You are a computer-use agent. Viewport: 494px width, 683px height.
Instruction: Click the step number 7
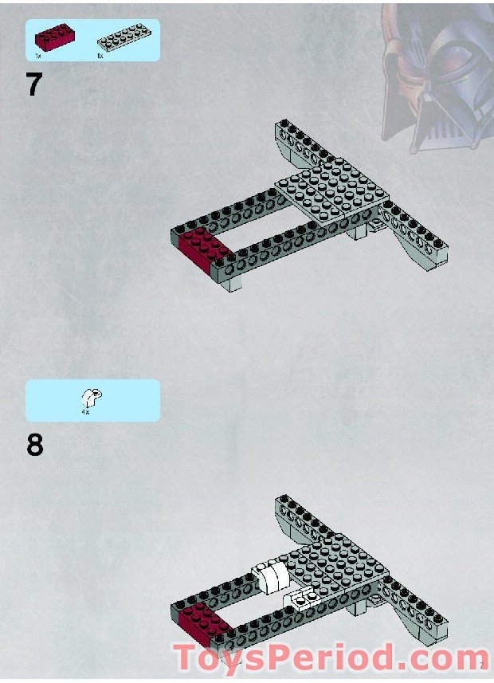point(33,84)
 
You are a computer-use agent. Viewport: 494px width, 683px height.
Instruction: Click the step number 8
point(34,445)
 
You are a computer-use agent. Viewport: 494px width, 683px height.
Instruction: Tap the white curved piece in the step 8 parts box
point(91,396)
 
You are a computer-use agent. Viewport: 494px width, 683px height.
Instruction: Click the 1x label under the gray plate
point(100,57)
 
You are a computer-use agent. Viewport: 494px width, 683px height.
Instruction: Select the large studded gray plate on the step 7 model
point(331,190)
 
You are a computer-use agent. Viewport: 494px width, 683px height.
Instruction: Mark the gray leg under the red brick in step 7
point(232,283)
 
